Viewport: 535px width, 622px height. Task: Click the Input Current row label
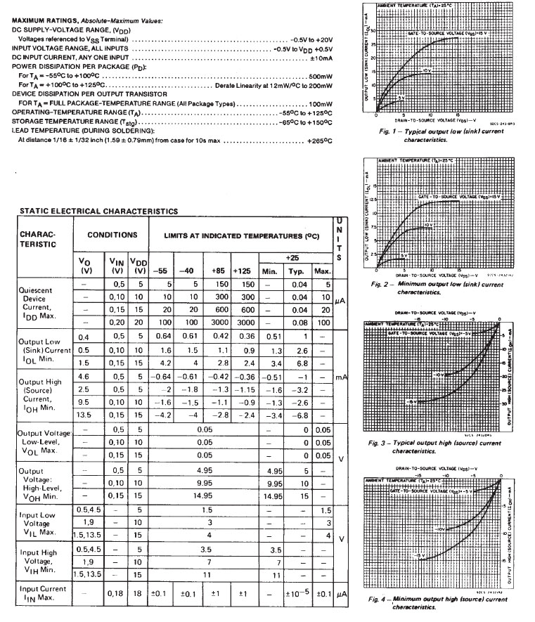tap(44, 592)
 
